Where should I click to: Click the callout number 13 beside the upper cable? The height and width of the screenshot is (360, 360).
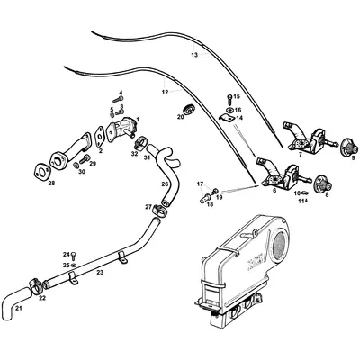coord(193,56)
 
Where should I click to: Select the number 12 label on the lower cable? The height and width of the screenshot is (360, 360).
coord(165,92)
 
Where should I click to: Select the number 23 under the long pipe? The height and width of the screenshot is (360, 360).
coord(100,272)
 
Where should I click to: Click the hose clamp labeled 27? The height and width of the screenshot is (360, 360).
coord(159,211)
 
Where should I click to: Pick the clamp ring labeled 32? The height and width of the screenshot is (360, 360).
coord(141,143)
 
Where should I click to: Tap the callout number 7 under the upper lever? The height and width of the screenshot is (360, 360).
coord(300,155)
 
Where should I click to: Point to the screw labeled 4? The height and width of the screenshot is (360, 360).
coord(120,100)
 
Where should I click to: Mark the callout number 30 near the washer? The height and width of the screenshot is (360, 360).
coord(81,172)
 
